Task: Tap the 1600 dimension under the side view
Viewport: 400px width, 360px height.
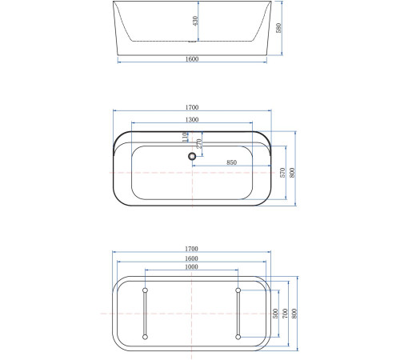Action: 191,58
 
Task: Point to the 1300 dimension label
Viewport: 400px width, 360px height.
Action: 191,119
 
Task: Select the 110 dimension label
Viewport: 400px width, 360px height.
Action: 185,138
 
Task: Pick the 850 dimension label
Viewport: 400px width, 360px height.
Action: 231,162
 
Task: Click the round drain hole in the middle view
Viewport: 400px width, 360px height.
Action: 191,158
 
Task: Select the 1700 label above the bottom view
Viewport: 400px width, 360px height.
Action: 191,250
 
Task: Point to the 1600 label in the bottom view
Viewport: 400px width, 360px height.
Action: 191,258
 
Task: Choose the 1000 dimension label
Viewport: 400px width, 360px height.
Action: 191,267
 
